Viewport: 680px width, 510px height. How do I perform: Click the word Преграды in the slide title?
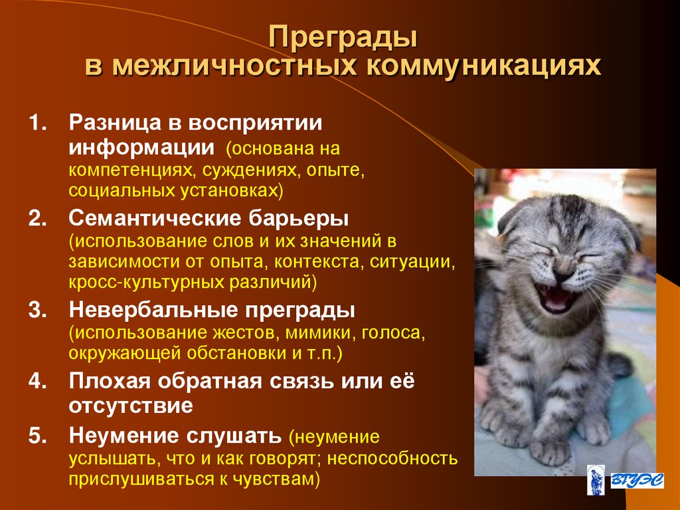[x=343, y=38]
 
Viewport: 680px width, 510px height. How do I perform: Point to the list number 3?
[x=38, y=311]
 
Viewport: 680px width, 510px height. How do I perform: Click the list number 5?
[x=38, y=437]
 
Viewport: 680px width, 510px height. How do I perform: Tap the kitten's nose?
[x=562, y=265]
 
